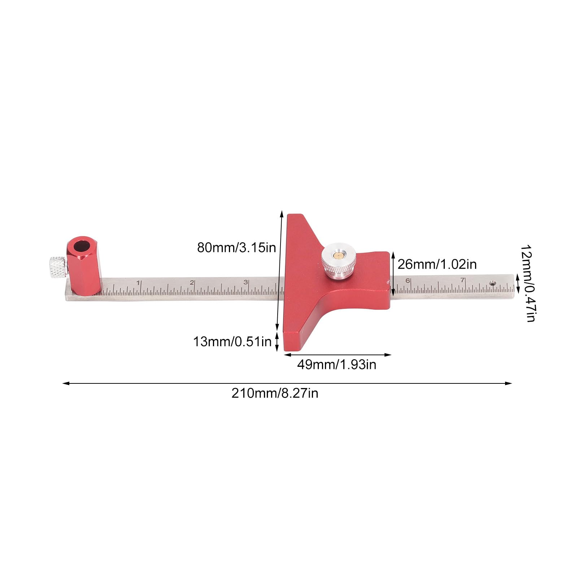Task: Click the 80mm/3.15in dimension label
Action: point(236,248)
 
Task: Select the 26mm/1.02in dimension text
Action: point(437,265)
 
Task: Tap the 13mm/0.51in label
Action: point(232,342)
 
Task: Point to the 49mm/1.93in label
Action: point(336,365)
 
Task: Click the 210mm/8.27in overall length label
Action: point(275,393)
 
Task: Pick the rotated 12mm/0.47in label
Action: point(528,283)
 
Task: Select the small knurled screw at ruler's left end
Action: point(57,267)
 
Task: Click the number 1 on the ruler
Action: point(138,283)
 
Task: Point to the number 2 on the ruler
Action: point(192,283)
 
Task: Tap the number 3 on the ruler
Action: point(245,282)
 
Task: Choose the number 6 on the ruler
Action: point(408,281)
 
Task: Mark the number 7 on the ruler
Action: point(462,280)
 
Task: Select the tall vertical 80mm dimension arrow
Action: point(279,271)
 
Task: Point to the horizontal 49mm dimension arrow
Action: point(338,355)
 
